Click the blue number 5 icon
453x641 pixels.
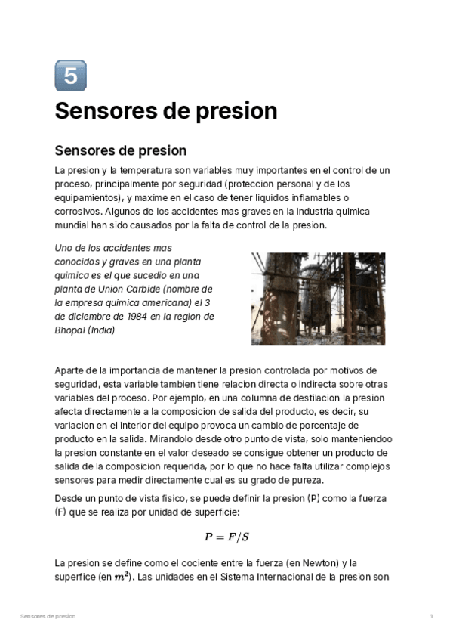coord(71,76)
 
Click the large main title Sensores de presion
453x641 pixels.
coord(165,111)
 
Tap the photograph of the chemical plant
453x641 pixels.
coord(318,299)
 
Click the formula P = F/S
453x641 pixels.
coord(226,537)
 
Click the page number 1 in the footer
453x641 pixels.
coord(431,616)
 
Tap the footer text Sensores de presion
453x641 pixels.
coord(48,616)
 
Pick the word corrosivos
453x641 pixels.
coord(79,211)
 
